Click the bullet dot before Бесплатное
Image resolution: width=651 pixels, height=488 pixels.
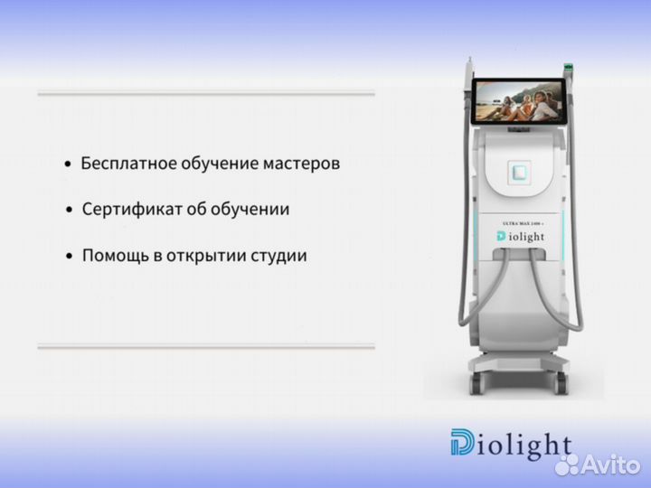click(x=68, y=165)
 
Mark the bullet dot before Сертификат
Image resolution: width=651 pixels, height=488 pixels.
click(x=68, y=211)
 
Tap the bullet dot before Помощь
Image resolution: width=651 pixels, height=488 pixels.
click(x=68, y=258)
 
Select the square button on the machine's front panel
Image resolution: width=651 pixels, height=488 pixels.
click(x=519, y=170)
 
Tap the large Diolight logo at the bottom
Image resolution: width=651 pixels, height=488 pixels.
click(x=511, y=444)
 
